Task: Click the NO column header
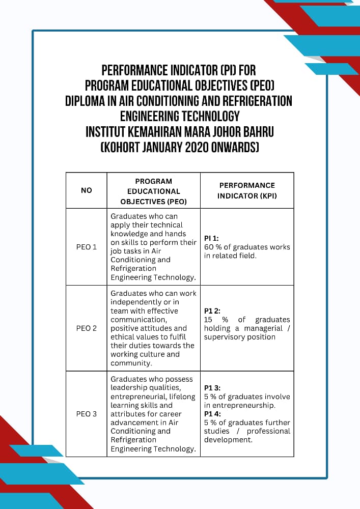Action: click(87, 190)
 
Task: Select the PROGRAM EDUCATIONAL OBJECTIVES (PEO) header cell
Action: click(153, 191)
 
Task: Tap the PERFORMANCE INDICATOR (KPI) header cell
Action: click(247, 190)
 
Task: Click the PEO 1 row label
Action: click(87, 247)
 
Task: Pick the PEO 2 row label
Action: click(87, 328)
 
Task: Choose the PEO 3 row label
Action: click(87, 414)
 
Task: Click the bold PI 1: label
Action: click(211, 238)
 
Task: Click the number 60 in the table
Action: click(209, 247)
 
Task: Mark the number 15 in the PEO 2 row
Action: click(208, 320)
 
